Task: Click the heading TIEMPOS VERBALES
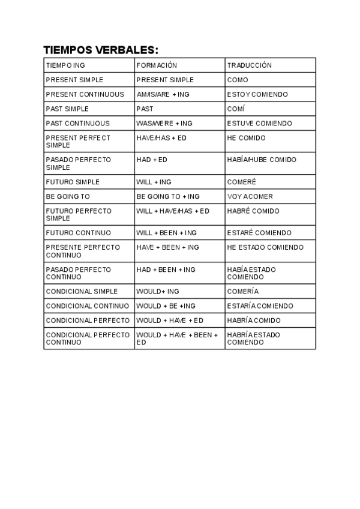101,50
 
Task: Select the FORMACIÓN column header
157,65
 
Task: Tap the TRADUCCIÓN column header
250,65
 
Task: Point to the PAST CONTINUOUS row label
78,123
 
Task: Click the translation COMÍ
236,109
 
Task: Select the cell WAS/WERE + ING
164,123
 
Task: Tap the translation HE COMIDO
246,137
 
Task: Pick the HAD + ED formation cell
152,160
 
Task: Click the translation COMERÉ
241,182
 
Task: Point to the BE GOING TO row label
68,196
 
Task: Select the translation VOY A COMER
250,196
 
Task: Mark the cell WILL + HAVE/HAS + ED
173,211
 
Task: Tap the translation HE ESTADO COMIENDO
265,247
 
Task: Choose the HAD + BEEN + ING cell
166,270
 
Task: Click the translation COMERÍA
243,291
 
